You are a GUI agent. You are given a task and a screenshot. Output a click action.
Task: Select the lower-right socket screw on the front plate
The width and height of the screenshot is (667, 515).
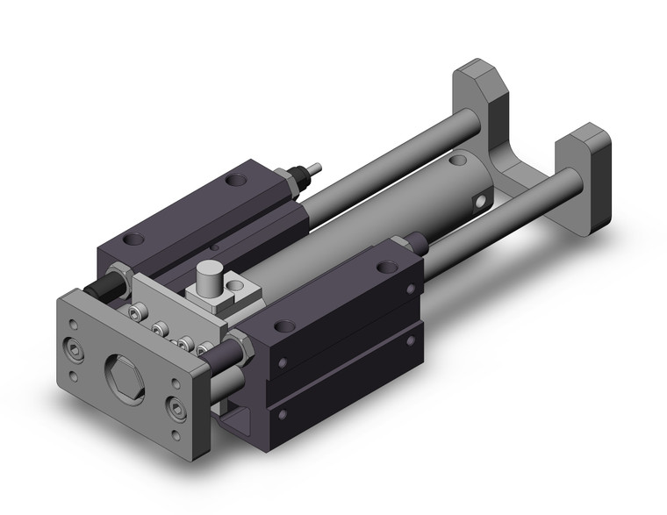click(x=179, y=409)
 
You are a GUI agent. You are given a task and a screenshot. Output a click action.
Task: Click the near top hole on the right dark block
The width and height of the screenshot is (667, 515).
click(x=283, y=327)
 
